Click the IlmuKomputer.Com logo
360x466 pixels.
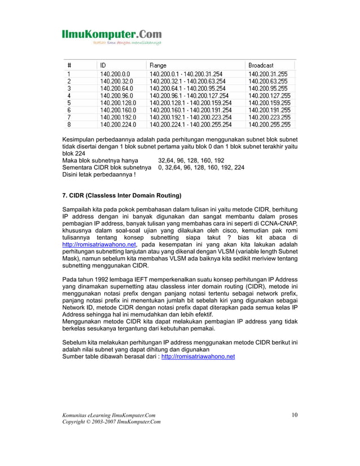(111, 36)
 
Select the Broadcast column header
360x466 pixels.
(262, 65)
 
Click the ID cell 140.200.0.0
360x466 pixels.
(115, 73)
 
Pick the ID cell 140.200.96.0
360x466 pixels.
(116, 95)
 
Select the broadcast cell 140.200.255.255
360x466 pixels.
(270, 125)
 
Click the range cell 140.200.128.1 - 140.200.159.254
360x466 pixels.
(190, 103)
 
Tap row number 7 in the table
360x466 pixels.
(68, 117)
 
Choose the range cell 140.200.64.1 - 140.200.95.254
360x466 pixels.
(188, 88)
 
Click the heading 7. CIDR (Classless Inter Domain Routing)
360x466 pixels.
(121, 196)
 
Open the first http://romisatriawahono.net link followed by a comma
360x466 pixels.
(99, 245)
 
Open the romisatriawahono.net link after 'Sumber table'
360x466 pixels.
(198, 357)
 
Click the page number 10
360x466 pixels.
(295, 416)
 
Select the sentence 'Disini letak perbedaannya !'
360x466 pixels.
(98, 174)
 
